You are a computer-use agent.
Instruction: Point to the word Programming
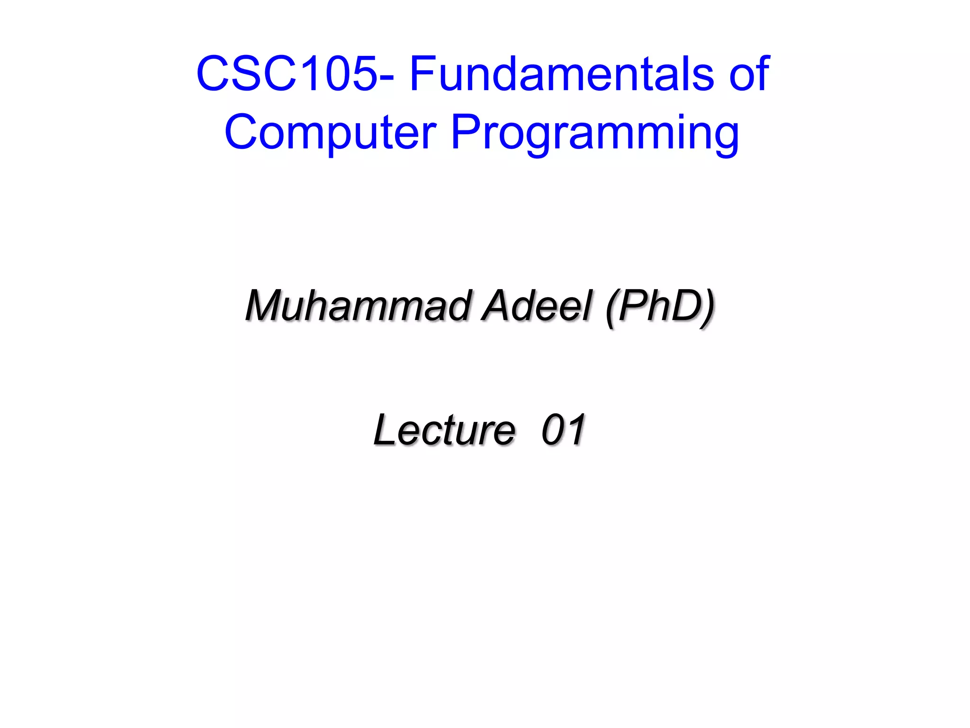click(x=595, y=134)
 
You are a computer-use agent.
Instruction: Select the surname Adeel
click(x=538, y=306)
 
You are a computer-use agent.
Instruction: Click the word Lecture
click(x=444, y=430)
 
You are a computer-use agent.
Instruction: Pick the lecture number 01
click(x=564, y=430)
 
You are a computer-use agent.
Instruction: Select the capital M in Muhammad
click(x=265, y=306)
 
